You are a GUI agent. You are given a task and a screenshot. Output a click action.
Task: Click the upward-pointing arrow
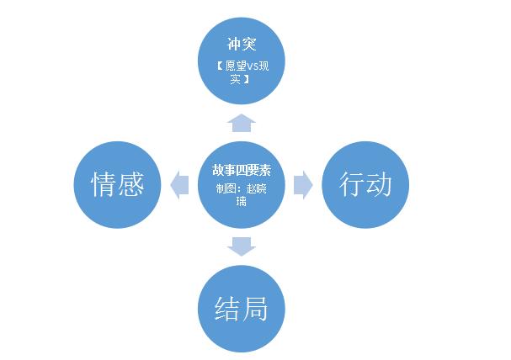pyautogui.click(x=241, y=123)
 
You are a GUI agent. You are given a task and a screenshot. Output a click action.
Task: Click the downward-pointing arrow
pyautogui.click(x=241, y=246)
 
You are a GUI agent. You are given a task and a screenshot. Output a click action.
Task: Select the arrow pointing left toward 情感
pyautogui.click(x=179, y=185)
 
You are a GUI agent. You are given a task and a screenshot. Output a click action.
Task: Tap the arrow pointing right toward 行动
pyautogui.click(x=303, y=185)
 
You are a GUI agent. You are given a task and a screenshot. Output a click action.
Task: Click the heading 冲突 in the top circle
pyautogui.click(x=242, y=44)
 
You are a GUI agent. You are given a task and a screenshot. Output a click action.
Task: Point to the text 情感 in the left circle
pyautogui.click(x=117, y=184)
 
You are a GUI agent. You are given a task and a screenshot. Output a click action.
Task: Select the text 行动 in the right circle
pyautogui.click(x=365, y=184)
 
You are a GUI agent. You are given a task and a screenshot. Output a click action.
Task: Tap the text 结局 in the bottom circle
pyautogui.click(x=241, y=308)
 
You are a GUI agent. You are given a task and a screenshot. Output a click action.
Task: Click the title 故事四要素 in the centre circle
pyautogui.click(x=242, y=170)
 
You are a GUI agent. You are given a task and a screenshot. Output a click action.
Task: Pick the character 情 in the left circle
pyautogui.click(x=104, y=184)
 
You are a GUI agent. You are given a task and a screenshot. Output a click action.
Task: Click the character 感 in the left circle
pyautogui.click(x=131, y=184)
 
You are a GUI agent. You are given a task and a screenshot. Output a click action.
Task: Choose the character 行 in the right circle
pyautogui.click(x=351, y=184)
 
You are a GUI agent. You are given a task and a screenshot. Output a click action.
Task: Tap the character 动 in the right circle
pyautogui.click(x=379, y=184)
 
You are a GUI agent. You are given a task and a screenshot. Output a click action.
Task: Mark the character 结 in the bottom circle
pyautogui.click(x=227, y=308)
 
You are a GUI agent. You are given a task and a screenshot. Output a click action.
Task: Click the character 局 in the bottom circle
pyautogui.click(x=255, y=308)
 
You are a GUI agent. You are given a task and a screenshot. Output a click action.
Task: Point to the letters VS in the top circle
pyautogui.click(x=253, y=66)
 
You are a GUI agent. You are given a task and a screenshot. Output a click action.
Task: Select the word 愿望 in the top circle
pyautogui.click(x=236, y=66)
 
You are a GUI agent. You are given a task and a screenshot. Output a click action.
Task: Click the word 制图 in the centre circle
pyautogui.click(x=226, y=188)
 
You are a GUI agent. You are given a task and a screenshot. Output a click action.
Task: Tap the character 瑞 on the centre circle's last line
pyautogui.click(x=241, y=202)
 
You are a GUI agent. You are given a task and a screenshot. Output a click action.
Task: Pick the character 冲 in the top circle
pyautogui.click(x=234, y=44)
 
